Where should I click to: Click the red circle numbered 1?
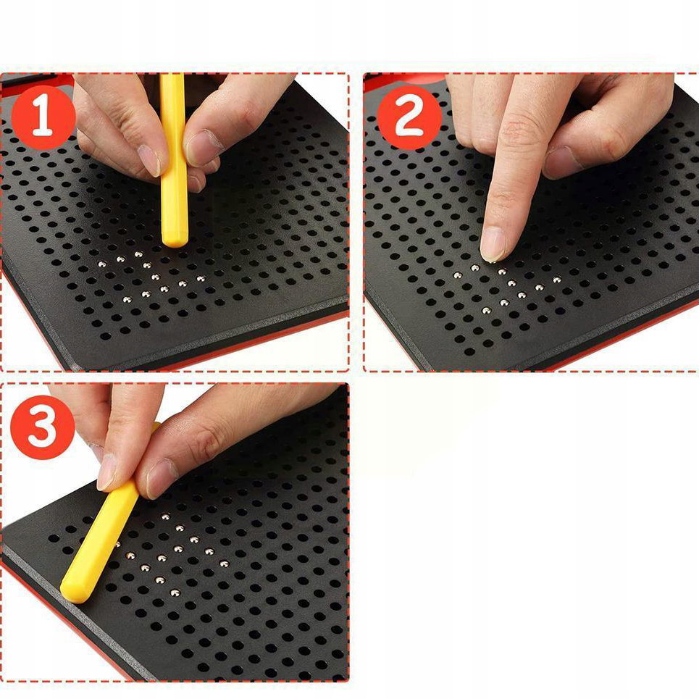[x=43, y=117]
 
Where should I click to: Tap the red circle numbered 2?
[x=409, y=117]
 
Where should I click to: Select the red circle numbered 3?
[x=42, y=427]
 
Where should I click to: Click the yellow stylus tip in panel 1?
[x=175, y=242]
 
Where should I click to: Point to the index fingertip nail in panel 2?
[x=493, y=244]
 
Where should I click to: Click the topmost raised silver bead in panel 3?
[x=165, y=516]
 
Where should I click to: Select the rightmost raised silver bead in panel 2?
[x=557, y=280]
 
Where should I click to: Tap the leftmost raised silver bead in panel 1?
[x=102, y=264]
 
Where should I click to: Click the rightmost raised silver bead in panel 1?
[x=201, y=279]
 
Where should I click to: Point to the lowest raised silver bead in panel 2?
[x=486, y=310]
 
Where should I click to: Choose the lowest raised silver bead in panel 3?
[x=175, y=593]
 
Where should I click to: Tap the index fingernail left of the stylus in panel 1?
[x=149, y=161]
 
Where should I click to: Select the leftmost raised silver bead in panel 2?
[x=457, y=275]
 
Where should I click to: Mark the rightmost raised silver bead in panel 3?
[x=224, y=564]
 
